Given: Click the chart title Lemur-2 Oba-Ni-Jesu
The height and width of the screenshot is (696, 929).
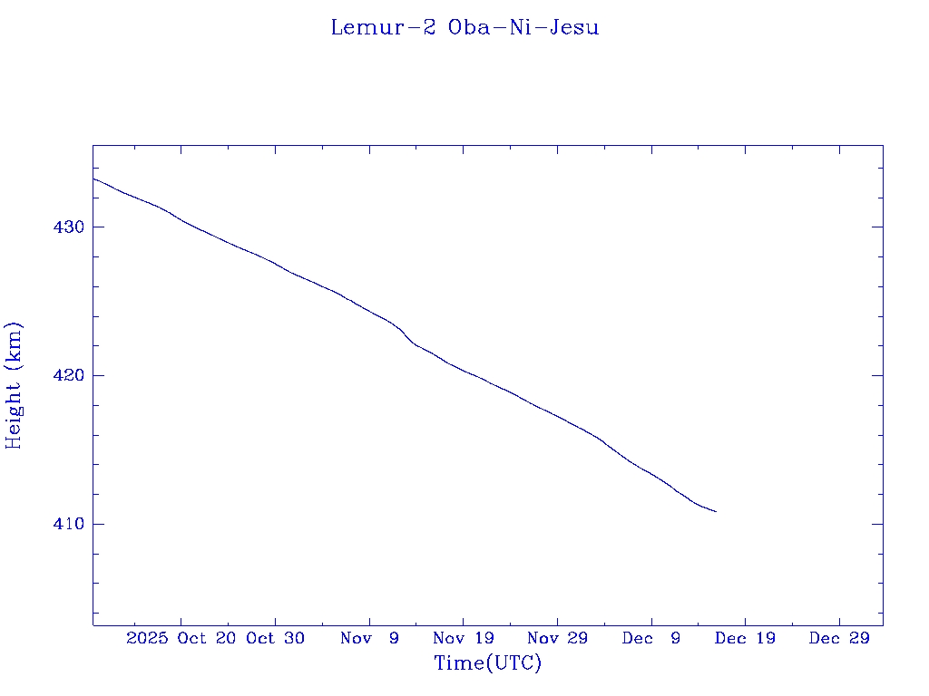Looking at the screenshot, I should (464, 27).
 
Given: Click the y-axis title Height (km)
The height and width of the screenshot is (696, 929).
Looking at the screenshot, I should (14, 385).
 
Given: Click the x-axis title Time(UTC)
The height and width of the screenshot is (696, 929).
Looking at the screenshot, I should (488, 663).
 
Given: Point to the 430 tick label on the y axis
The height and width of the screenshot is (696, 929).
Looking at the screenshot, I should (70, 227).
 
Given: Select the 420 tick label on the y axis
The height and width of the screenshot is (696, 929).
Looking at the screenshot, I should (70, 375).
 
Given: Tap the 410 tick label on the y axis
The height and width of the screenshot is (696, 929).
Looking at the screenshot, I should (70, 524).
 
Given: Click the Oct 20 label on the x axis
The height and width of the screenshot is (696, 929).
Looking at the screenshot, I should (210, 638).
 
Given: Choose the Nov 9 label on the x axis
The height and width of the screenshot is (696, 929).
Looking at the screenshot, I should (369, 638).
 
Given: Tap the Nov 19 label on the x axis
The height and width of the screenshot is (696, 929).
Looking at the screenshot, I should (463, 638).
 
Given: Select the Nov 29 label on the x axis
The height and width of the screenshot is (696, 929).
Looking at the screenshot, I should (557, 638).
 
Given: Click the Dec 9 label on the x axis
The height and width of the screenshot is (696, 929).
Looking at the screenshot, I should (651, 638).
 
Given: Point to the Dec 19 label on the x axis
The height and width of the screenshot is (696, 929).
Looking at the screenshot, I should (745, 638).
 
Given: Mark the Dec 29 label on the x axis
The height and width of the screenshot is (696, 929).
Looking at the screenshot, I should (839, 638).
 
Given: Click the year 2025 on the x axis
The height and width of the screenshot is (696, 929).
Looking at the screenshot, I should (147, 638).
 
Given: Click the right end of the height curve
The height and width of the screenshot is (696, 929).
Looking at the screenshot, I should (716, 512).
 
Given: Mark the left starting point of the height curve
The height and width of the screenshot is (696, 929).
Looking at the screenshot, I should (93, 178).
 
